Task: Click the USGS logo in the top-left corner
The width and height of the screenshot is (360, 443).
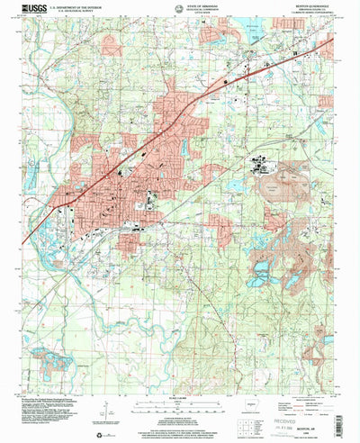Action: coord(34,8)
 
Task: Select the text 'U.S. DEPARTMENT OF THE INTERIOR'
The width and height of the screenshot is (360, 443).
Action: coord(85,5)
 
